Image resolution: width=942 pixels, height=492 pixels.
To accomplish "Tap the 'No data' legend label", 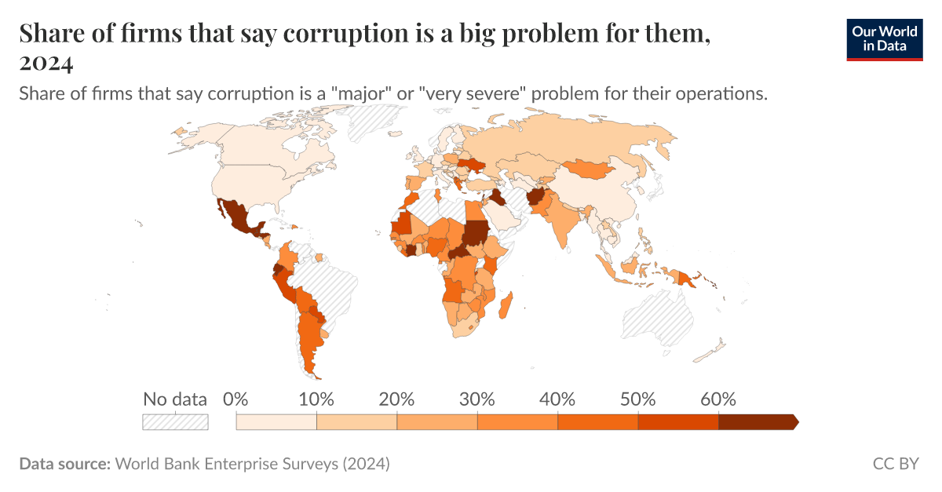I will tap(174, 399).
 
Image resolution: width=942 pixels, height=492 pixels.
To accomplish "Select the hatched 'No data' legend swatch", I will tap(175, 422).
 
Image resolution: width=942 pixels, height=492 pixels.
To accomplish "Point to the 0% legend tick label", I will tap(235, 399).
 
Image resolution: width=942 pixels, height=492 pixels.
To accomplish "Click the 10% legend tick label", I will tap(316, 399).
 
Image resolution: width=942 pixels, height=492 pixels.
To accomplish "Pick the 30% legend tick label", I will tap(477, 399).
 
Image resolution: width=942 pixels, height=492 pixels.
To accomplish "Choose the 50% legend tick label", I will tap(637, 399).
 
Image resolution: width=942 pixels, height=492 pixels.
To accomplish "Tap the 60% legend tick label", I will tap(718, 399).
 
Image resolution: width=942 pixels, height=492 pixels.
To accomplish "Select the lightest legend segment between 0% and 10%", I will tap(276, 422).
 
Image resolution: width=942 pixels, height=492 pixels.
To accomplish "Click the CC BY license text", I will tap(896, 464).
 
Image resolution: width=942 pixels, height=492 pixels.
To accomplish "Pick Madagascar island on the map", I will tap(506, 305).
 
